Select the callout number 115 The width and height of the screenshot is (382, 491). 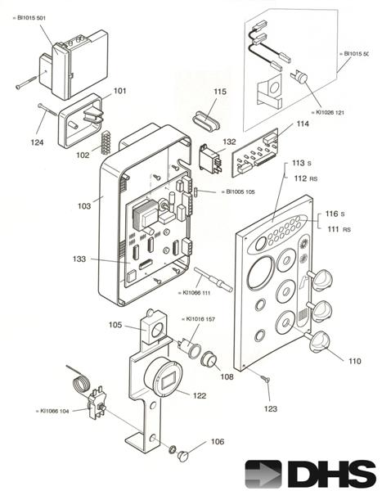pos(220,92)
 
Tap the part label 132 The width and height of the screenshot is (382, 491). pos(229,142)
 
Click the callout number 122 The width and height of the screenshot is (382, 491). pos(200,394)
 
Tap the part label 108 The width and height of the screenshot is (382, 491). pos(226,377)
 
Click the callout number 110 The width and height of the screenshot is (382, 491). pos(353,361)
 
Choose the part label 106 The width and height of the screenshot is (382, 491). pos(217,441)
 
